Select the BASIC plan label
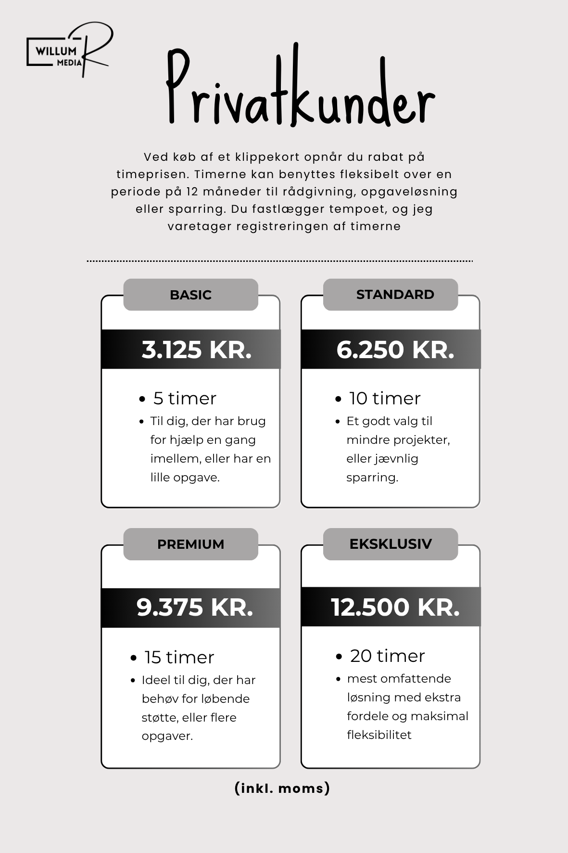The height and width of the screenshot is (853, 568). (190, 295)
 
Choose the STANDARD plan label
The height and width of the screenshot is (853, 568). (395, 294)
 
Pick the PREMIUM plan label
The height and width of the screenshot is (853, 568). (190, 544)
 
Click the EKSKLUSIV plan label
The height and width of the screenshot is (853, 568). (391, 543)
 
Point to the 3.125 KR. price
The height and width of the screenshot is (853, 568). (197, 349)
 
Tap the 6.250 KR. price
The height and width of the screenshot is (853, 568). (395, 349)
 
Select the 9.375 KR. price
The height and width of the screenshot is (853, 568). (195, 607)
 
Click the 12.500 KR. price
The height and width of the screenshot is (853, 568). (395, 607)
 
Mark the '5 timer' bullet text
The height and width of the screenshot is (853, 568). (185, 399)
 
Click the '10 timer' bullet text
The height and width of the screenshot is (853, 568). (385, 399)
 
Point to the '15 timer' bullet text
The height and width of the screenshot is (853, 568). (179, 658)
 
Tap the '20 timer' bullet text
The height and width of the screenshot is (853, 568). (387, 656)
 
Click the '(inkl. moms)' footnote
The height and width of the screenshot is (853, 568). (282, 788)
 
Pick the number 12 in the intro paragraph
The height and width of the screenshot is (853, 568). (192, 192)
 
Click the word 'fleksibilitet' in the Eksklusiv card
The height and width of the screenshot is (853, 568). (379, 735)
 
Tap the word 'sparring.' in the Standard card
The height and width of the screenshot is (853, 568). (372, 478)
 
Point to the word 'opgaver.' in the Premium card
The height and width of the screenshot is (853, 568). (167, 736)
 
